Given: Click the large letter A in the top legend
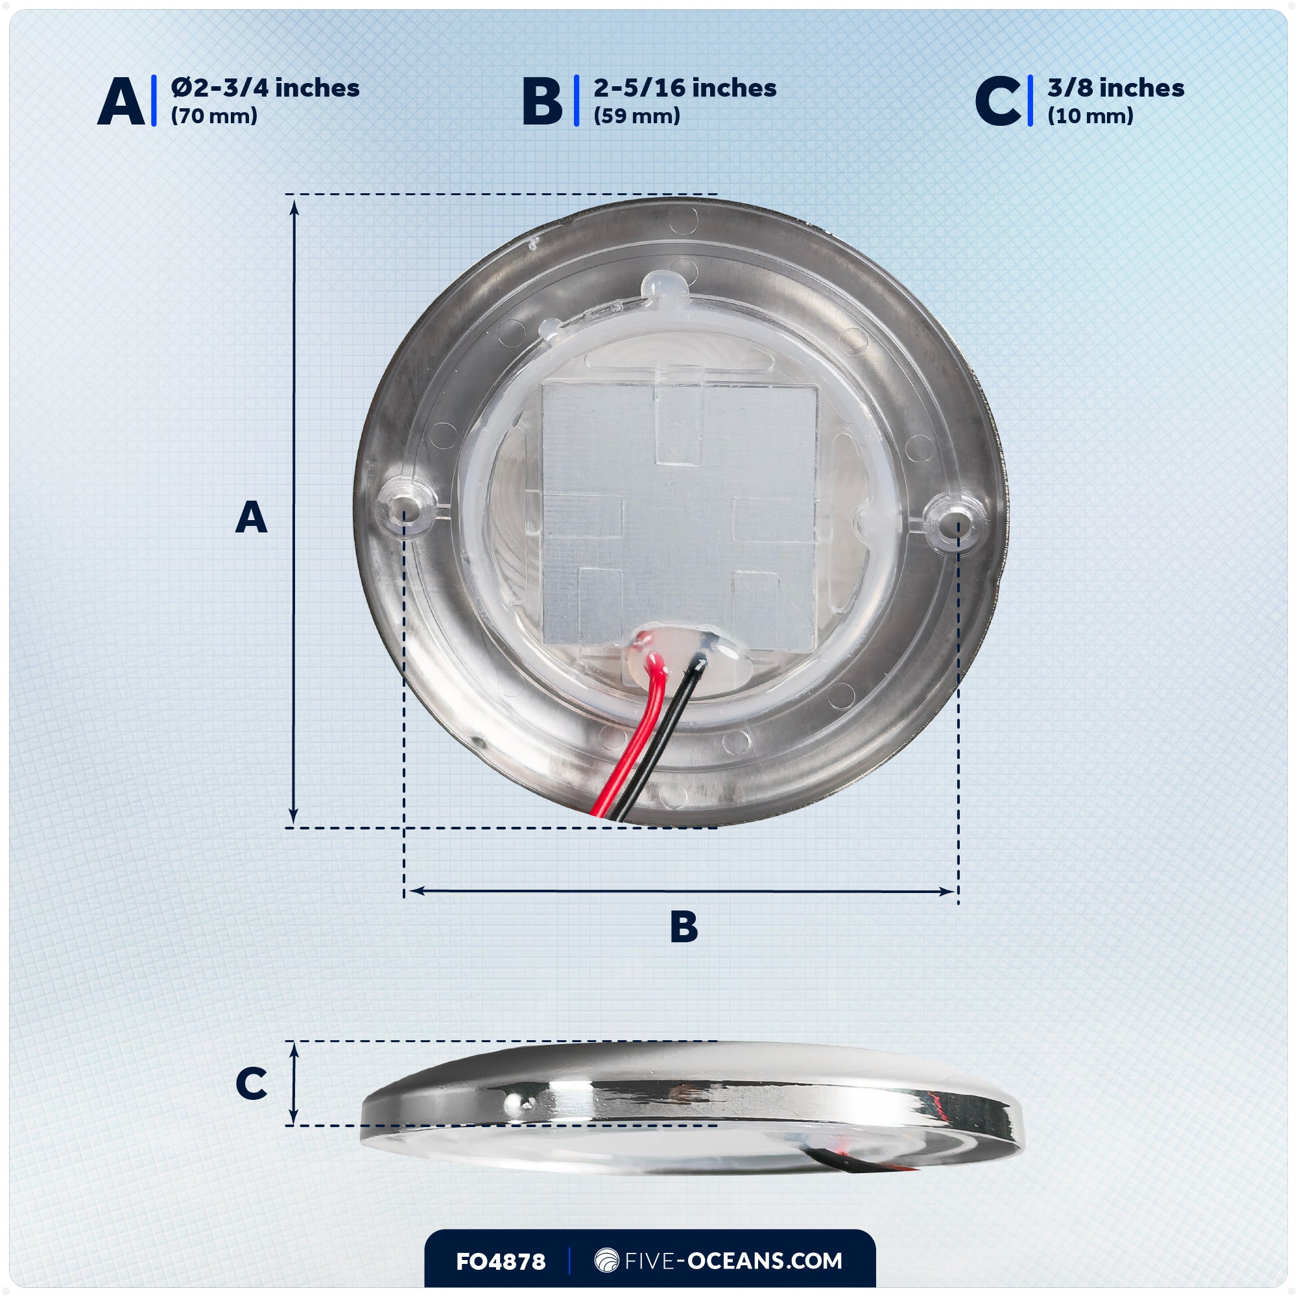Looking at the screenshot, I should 121,101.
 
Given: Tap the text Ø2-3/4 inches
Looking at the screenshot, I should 265,88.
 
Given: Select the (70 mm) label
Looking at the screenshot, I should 214,116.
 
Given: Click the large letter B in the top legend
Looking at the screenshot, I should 541,101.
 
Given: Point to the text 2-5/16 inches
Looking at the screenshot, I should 685,88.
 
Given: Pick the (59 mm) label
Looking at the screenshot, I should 636,116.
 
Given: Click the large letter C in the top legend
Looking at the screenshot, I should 997,101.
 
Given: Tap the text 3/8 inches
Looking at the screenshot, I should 1115,88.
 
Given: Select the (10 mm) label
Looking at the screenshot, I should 1090,116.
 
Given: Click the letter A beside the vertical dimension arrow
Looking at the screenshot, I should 251,518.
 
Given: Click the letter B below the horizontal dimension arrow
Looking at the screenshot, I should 684,927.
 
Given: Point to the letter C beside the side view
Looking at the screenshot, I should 251,1083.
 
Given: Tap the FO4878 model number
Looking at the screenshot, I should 500,1261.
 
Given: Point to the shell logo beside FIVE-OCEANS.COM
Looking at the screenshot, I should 606,1260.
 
